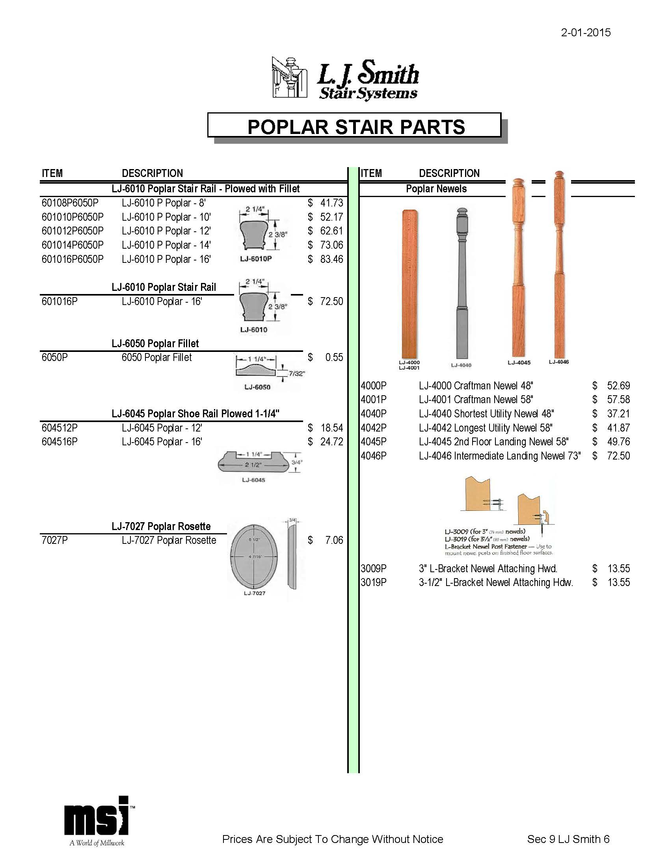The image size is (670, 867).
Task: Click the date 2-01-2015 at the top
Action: [x=585, y=33]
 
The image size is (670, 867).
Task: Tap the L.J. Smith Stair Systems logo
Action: [x=345, y=78]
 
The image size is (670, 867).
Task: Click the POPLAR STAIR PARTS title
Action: [x=356, y=127]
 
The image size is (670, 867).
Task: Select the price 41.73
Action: [x=331, y=203]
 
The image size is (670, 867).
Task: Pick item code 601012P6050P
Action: [x=72, y=231]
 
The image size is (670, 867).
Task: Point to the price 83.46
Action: [x=331, y=259]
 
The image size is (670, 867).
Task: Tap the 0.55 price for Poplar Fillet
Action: [x=334, y=357]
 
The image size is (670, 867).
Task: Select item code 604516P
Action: [x=60, y=442]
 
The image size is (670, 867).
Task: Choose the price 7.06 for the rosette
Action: [x=334, y=540]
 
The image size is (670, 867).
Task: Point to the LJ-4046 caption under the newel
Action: [x=559, y=362]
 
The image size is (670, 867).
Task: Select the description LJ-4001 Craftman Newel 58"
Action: [x=476, y=400]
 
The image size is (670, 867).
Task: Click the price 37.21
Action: [x=618, y=414]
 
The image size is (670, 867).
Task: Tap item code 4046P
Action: [x=374, y=456]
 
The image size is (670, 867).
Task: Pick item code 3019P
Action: [x=374, y=582]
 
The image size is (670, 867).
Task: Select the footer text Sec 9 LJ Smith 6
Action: [x=568, y=839]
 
